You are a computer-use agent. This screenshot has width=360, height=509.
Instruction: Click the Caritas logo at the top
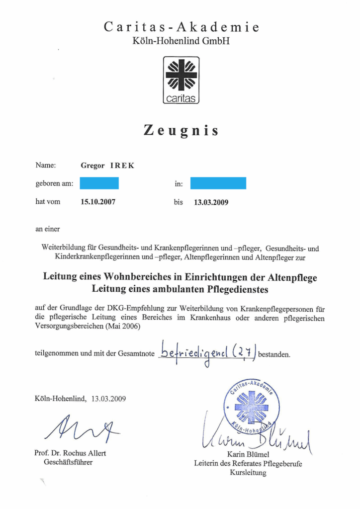click(x=181, y=80)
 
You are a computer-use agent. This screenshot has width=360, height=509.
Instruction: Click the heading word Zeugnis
click(x=181, y=131)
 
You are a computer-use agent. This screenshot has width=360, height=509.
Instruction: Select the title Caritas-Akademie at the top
click(x=181, y=27)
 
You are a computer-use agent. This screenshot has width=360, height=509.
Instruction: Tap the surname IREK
click(x=122, y=166)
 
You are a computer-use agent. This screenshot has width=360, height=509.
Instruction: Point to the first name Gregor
click(x=92, y=166)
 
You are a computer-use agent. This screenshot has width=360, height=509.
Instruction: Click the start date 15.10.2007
click(x=98, y=202)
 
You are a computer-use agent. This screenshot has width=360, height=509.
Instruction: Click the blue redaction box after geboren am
click(x=99, y=183)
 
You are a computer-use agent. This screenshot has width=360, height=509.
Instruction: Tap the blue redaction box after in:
click(x=218, y=183)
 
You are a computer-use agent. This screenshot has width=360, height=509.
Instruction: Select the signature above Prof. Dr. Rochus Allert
click(x=83, y=429)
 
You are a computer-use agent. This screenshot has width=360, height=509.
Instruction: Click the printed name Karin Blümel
click(x=248, y=454)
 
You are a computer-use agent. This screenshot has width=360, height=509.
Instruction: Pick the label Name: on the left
click(x=45, y=166)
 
